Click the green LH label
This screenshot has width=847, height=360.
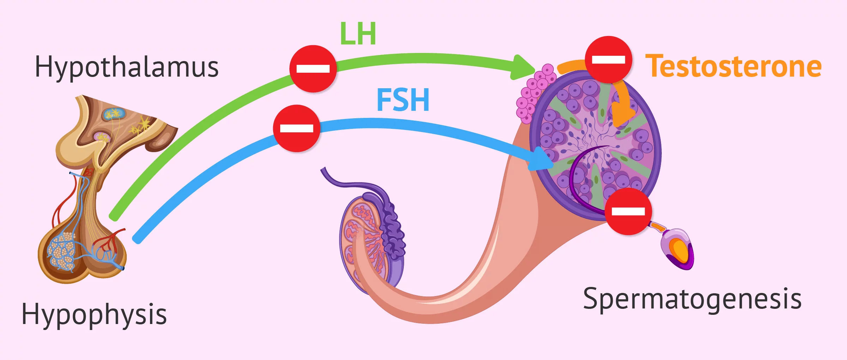click(x=358, y=34)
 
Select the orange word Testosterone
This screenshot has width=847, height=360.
click(x=733, y=66)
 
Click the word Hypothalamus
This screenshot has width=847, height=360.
click(x=127, y=67)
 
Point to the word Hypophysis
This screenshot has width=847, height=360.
click(x=94, y=314)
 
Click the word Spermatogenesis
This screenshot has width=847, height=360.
click(x=692, y=299)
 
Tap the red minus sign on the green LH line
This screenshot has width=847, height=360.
click(x=313, y=69)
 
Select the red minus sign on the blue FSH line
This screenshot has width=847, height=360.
click(x=297, y=128)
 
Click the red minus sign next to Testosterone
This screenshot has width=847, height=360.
click(x=608, y=60)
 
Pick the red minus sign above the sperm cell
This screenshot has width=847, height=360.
click(x=628, y=211)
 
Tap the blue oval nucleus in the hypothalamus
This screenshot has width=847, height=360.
click(x=114, y=114)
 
